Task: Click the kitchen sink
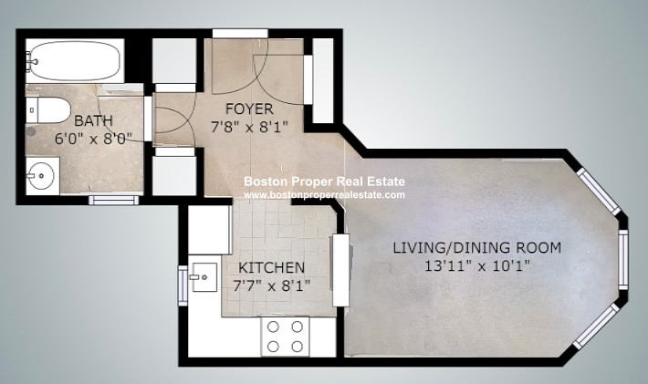click(204, 274)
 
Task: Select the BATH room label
click(95, 120)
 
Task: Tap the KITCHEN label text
click(271, 268)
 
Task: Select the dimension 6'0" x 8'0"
click(95, 139)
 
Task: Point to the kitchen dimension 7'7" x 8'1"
click(271, 285)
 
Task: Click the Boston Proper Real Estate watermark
click(324, 182)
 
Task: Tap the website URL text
click(324, 194)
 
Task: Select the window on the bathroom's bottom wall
click(112, 198)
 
